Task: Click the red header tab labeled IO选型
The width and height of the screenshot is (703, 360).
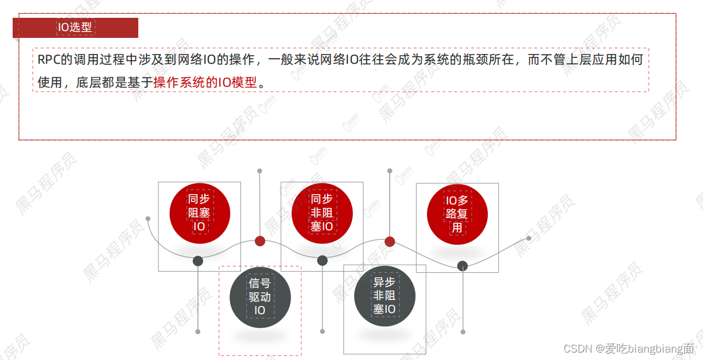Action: pos(75,28)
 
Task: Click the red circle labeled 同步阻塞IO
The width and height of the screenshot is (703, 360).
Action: pos(199,213)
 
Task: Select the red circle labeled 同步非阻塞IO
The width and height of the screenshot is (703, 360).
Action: pos(321,213)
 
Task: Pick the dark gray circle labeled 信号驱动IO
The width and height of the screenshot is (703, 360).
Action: pos(260,297)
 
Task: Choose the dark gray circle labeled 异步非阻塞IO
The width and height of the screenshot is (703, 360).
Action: pos(384,296)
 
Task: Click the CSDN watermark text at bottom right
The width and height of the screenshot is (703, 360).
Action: pos(628,349)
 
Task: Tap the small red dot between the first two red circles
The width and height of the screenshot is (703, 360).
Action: pos(260,241)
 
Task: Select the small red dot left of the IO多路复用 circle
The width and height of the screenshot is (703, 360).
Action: pos(390,241)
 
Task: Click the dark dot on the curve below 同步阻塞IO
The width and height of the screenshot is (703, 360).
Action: pos(198,261)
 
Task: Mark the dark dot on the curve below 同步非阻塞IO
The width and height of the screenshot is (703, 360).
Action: pos(323,261)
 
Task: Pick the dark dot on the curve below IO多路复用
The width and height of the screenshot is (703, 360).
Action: pos(463,265)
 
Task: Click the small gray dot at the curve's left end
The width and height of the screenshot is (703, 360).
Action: pos(148,219)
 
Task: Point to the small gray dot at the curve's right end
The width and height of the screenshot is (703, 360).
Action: pos(529,238)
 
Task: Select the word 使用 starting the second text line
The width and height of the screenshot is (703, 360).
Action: pos(49,83)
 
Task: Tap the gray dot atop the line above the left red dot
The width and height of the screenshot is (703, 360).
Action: pos(259,171)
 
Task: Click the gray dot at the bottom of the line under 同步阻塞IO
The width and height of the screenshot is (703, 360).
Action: pos(198,331)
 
